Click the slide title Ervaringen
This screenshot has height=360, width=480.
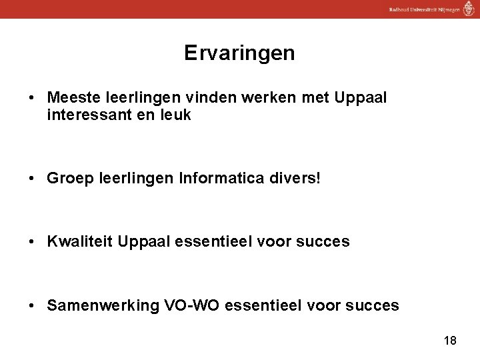tap(239, 53)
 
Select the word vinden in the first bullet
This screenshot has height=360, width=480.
tap(195, 98)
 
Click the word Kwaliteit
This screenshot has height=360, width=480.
tap(79, 241)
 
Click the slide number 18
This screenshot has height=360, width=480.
tap(450, 341)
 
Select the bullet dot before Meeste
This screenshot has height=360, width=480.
tap(31, 99)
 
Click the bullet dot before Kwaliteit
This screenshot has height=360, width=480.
tap(31, 242)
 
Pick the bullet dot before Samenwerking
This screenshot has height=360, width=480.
tap(31, 307)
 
